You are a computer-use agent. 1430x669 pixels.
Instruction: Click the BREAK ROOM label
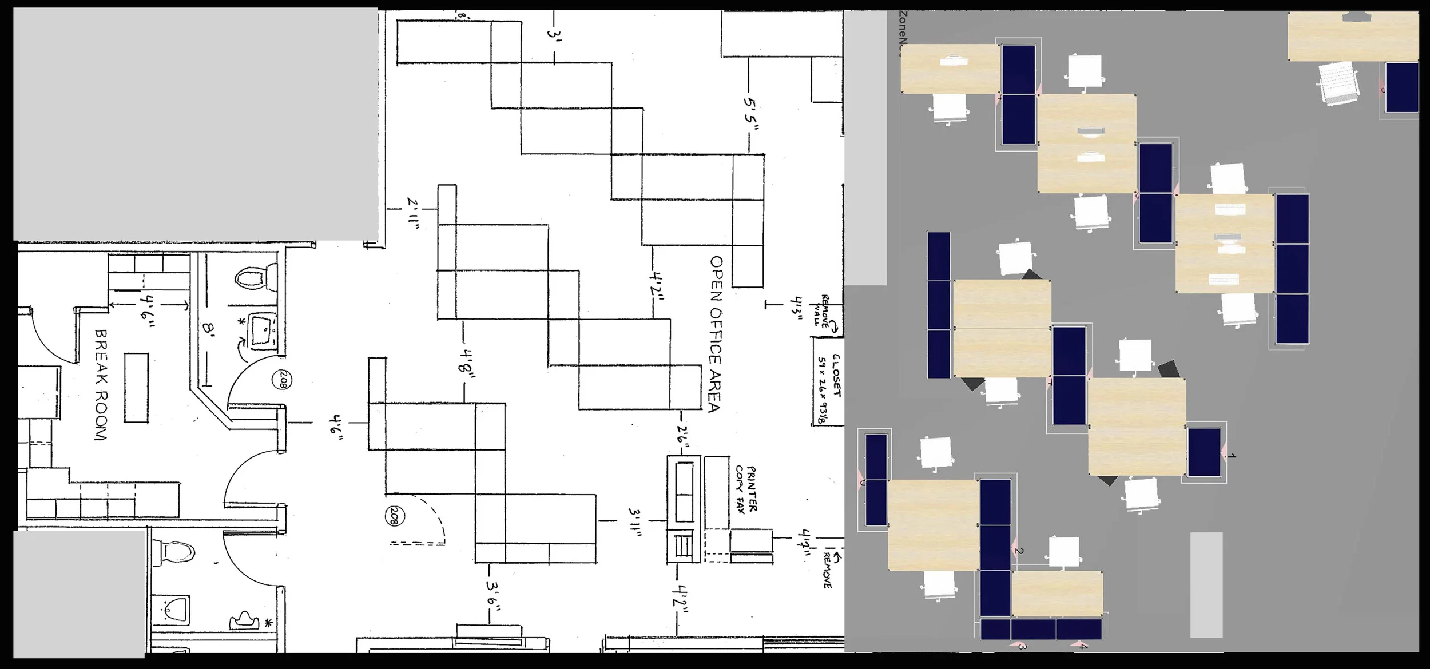(x=101, y=384)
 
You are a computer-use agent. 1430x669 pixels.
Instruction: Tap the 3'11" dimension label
(x=634, y=522)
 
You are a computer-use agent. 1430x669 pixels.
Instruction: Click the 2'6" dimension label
(x=682, y=437)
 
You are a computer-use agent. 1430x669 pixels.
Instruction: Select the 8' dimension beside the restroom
(x=208, y=329)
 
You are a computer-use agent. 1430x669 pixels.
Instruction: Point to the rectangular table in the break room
(x=136, y=388)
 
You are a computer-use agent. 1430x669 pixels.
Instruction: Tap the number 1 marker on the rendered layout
(x=1232, y=456)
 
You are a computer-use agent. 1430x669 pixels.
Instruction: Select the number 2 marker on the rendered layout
(x=1019, y=551)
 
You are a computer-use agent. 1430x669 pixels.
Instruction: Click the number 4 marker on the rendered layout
(x=1083, y=647)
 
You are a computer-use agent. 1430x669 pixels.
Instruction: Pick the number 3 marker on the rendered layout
(x=1022, y=647)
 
